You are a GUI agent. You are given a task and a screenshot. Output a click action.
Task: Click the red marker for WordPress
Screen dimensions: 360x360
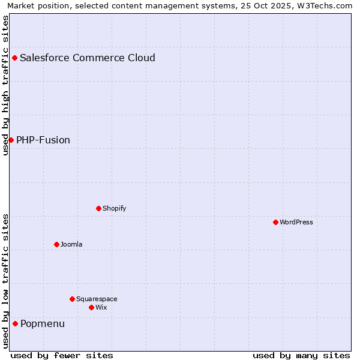tap(275, 222)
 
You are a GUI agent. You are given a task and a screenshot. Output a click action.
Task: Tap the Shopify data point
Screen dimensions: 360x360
tap(98, 208)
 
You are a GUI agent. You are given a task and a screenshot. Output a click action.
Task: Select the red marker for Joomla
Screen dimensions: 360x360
tap(56, 244)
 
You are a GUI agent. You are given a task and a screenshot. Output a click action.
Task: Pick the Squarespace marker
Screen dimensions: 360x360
tap(72, 299)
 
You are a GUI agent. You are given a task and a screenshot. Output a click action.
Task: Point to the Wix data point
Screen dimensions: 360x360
tap(91, 307)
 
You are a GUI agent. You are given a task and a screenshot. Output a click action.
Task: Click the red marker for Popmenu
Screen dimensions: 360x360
tap(15, 323)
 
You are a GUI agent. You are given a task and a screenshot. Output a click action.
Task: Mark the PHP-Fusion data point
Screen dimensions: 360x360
tap(11, 140)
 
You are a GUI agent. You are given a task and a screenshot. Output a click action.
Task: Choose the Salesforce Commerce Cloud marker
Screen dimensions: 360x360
tap(14, 58)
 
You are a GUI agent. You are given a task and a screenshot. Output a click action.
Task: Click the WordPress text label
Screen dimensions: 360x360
tap(296, 222)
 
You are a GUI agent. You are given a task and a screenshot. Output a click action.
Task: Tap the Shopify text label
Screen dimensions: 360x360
tap(114, 208)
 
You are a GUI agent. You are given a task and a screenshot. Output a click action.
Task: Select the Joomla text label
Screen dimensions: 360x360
tap(71, 244)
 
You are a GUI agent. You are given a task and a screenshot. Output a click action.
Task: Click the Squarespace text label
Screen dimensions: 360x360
tap(97, 299)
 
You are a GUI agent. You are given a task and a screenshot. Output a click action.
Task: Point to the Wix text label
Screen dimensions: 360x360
tap(101, 307)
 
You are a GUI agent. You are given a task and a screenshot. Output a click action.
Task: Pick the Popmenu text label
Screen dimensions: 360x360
tap(43, 324)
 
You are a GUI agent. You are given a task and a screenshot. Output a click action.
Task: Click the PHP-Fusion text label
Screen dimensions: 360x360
tap(43, 140)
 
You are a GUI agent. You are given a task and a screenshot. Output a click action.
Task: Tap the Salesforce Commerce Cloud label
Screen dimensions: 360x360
tap(88, 58)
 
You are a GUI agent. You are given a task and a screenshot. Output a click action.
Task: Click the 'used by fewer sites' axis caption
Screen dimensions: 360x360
tap(61, 355)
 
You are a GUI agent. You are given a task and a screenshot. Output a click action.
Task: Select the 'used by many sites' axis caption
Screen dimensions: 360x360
tap(301, 355)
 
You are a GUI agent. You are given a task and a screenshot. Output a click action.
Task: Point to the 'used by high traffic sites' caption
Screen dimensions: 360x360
tap(6, 85)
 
